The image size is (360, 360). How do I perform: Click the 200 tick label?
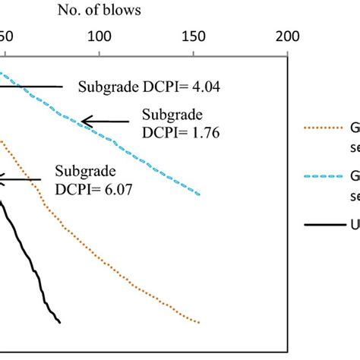287,37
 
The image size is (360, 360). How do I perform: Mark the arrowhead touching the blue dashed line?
84,121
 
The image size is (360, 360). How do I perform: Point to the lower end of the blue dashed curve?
201,193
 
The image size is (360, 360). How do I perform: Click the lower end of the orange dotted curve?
199,322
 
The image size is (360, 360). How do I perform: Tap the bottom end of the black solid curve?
59,323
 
